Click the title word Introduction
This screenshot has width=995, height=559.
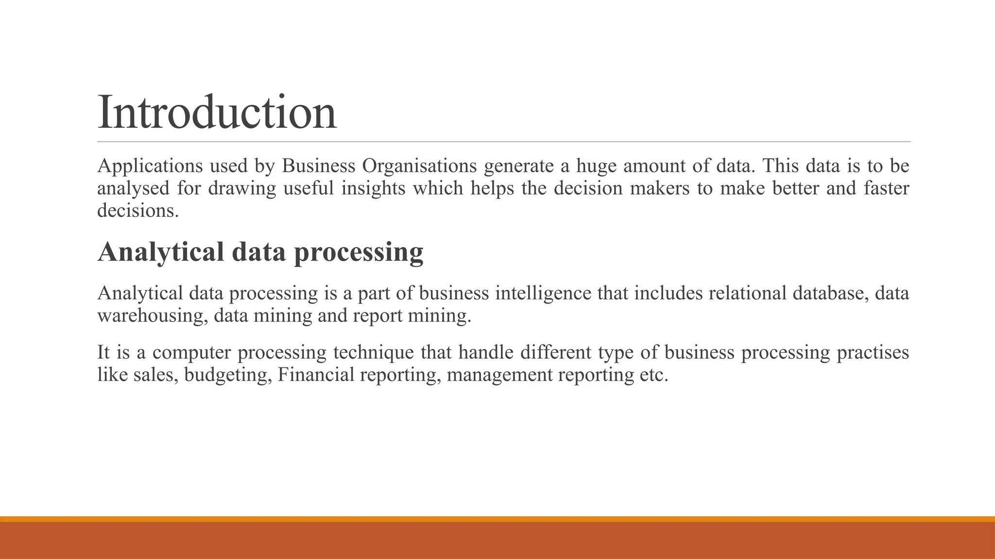[217, 113]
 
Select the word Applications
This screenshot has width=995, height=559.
[150, 166]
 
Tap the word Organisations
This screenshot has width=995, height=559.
[419, 166]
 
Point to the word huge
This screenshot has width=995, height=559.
[596, 166]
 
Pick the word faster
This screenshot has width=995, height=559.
[886, 188]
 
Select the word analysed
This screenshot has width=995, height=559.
[133, 188]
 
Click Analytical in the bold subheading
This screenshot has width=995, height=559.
[161, 252]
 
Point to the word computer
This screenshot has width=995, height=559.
[191, 352]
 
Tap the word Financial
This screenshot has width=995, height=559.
[316, 375]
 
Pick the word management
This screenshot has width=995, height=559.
[499, 375]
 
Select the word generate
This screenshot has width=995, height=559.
[518, 166]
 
